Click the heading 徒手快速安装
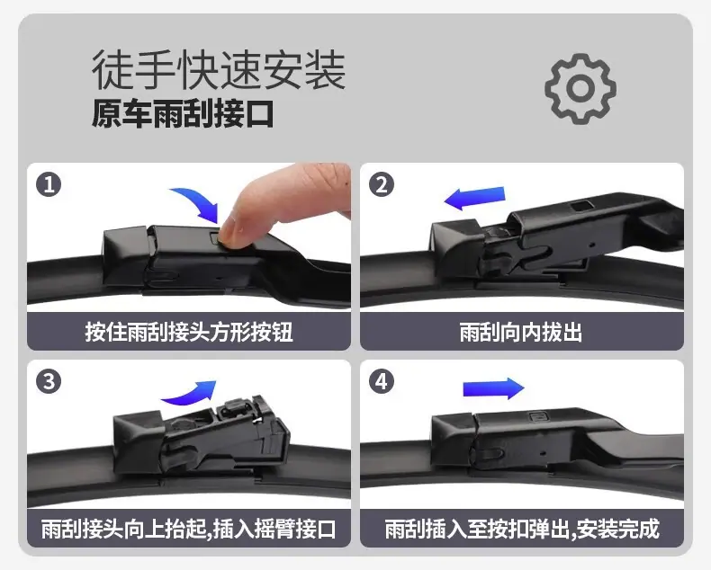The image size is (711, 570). pos(219,71)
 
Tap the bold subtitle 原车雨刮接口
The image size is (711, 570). pos(183,113)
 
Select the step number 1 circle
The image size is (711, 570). pos(49,185)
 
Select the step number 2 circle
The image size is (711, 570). pos(382,185)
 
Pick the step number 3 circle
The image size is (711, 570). pos(49,381)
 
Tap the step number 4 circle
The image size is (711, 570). pos(382,381)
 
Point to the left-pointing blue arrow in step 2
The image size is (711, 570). pos(474,198)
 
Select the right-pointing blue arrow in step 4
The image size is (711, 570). pos(493,388)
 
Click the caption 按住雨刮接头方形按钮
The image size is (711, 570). pos(189,332)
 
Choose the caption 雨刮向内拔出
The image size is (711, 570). pos(521,332)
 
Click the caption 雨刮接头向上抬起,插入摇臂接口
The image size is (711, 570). pos(189,529)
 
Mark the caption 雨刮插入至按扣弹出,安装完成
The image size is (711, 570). pos(522,529)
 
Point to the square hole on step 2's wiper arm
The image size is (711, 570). pos(581,206)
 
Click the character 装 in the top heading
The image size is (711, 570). pos(325,71)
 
